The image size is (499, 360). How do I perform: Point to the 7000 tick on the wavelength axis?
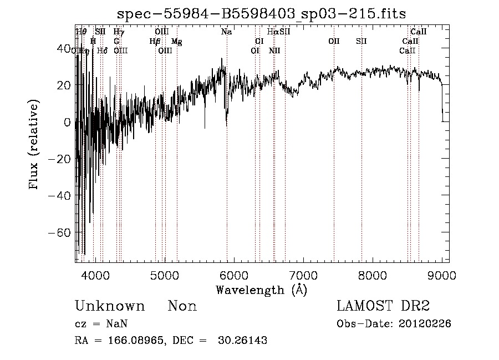point(303,273)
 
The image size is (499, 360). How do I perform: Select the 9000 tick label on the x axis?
point(442,273)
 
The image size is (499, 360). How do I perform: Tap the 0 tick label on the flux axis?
point(68,122)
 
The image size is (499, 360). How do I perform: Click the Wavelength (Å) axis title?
point(261,290)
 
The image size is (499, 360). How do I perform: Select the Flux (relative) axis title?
point(34,145)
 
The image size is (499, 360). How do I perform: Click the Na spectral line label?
point(226,32)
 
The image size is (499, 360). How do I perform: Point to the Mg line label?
point(176,42)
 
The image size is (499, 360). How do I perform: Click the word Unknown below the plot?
point(110,306)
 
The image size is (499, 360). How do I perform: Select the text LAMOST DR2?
point(383,306)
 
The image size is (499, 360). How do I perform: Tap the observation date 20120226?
point(425,324)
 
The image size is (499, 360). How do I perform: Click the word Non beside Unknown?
point(182,306)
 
